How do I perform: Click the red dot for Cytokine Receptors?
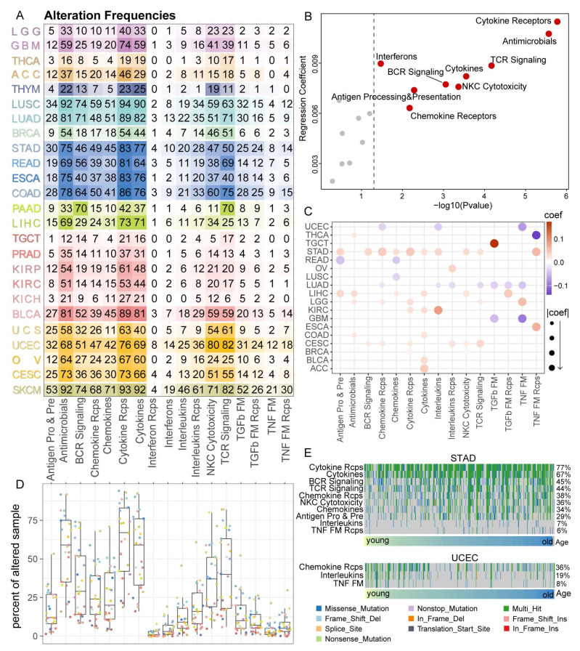tap(557, 22)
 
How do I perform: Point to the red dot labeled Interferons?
tap(380, 64)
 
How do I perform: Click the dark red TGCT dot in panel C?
tap(494, 244)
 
